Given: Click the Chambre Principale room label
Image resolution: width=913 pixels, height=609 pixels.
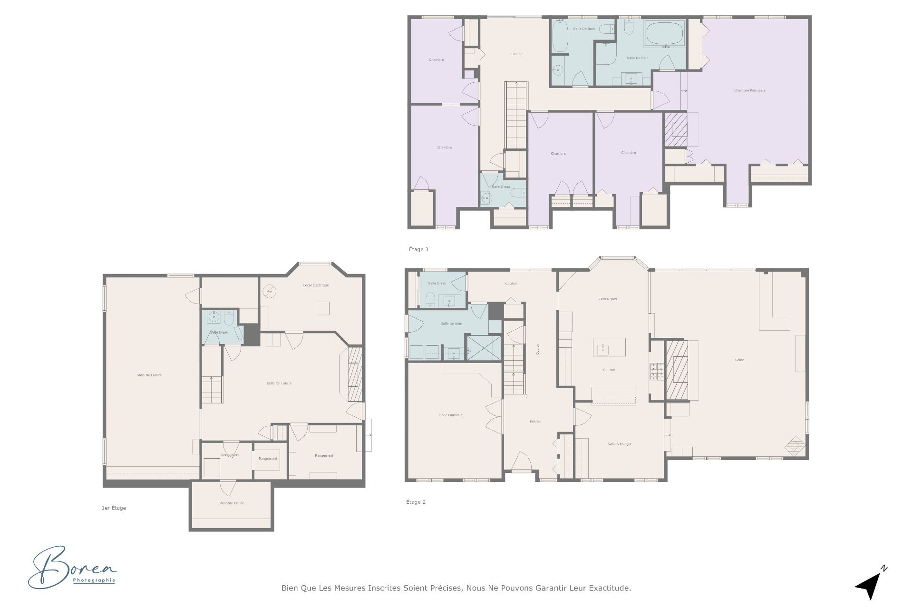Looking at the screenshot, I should tap(749, 90).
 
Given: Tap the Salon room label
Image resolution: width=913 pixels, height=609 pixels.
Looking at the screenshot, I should tap(739, 360).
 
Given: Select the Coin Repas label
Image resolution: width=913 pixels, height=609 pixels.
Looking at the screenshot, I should tap(608, 299).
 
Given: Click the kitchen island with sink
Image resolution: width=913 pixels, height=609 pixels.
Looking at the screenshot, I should tap(609, 347).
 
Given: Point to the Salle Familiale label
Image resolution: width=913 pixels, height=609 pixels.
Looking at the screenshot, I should tap(451, 415).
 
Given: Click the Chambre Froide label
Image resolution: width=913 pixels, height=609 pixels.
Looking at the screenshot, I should tap(231, 503).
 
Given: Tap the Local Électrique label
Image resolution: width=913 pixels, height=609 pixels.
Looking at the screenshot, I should tap(316, 285).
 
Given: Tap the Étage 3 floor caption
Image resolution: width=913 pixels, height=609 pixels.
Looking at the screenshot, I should tap(418, 249).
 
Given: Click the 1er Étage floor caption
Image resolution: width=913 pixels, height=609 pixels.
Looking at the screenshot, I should tap(114, 508).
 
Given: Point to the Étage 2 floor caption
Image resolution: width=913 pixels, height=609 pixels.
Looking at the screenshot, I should tap(416, 502).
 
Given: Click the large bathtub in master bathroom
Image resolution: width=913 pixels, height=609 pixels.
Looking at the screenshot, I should tap(665, 33).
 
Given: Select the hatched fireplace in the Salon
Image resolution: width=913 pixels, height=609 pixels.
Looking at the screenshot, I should tap(676, 370).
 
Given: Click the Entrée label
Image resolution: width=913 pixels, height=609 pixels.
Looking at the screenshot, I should tap(535, 422).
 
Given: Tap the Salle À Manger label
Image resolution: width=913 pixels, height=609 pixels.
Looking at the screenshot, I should tap(620, 444).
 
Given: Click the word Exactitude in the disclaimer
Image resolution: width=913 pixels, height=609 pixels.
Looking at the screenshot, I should tap(610, 588).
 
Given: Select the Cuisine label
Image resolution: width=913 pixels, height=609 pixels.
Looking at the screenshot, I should tap(609, 370).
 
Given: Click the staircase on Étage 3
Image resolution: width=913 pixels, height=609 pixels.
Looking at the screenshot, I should tap(516, 114).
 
